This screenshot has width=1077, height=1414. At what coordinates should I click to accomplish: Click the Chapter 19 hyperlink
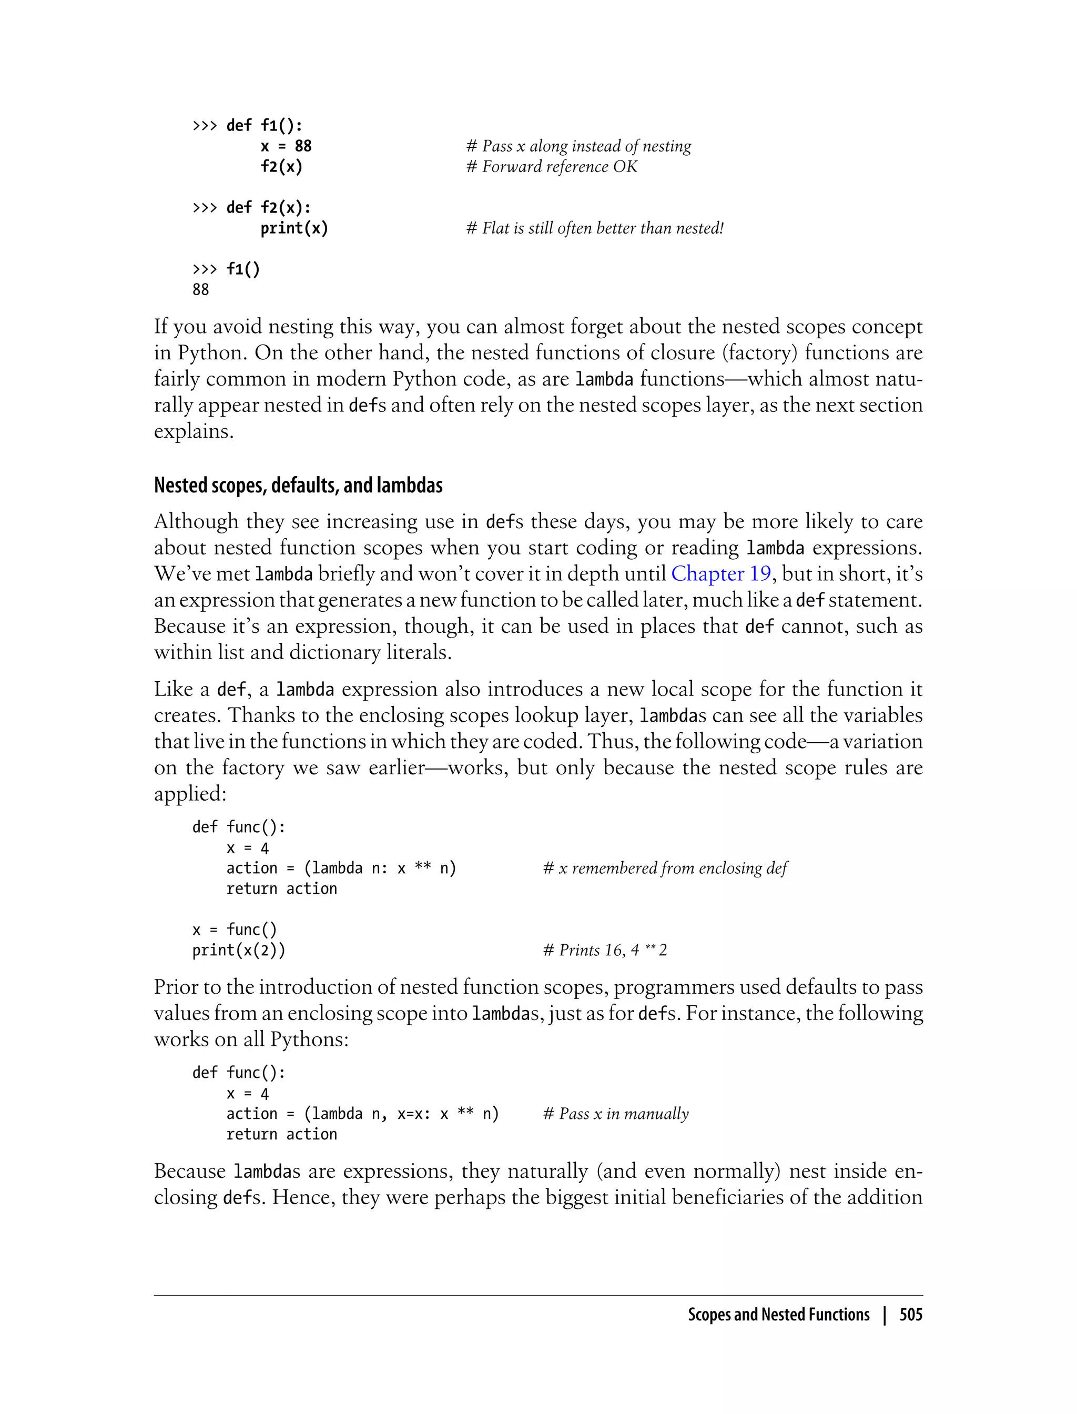(720, 573)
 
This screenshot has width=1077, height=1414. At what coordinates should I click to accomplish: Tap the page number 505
(910, 1315)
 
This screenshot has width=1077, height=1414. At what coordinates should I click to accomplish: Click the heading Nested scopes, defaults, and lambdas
(298, 485)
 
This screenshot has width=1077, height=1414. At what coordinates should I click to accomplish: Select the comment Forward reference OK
(551, 167)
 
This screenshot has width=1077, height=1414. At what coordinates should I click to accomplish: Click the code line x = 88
(286, 146)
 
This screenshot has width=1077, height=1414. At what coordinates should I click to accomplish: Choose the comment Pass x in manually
(615, 1114)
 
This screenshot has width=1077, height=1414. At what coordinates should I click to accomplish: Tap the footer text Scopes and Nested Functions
(778, 1315)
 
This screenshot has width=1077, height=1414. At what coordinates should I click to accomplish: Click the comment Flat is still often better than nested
(594, 228)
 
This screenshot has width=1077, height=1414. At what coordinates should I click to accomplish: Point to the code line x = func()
(235, 929)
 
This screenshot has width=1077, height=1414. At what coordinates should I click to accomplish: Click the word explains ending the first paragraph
(193, 431)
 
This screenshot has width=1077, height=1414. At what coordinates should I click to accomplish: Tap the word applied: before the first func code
(190, 794)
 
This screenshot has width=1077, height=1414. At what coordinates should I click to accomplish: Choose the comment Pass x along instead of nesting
(578, 146)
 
